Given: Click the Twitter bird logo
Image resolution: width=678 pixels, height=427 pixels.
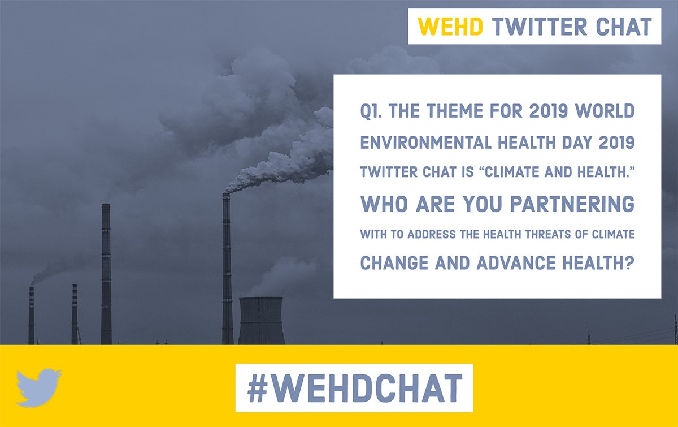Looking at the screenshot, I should [38, 387].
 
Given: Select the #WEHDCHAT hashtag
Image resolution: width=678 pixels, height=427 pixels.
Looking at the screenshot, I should [354, 388].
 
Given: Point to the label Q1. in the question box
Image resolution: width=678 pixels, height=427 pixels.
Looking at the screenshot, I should [372, 111].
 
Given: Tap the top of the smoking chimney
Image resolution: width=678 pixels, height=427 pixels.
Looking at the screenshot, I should [226, 196].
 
